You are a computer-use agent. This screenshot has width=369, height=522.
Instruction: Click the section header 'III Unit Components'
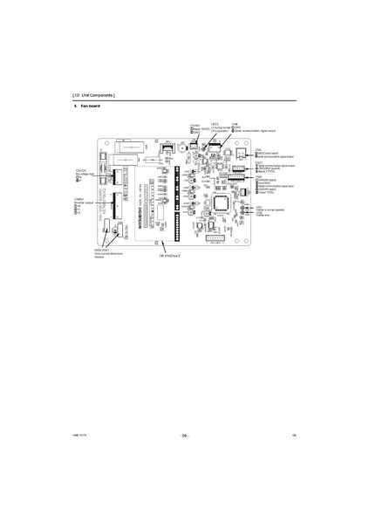point(94,93)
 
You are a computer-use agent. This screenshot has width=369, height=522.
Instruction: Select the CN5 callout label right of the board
point(258,149)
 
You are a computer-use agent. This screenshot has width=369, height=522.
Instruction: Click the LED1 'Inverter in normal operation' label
point(258,207)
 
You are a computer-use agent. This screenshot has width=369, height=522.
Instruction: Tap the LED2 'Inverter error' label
point(258,214)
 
